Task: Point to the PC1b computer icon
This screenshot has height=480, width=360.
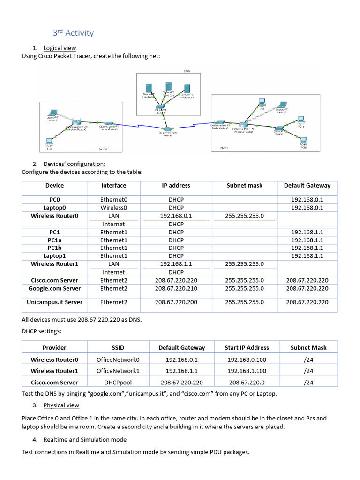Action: click(x=303, y=139)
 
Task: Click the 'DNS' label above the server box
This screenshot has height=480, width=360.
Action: click(x=187, y=71)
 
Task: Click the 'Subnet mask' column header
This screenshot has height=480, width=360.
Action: click(x=244, y=185)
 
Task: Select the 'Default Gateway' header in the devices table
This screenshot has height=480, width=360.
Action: click(x=307, y=185)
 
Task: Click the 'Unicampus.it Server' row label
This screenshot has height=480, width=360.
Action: click(x=54, y=302)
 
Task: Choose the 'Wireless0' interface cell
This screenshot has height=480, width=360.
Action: click(x=114, y=208)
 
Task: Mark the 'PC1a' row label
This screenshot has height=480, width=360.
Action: click(x=54, y=240)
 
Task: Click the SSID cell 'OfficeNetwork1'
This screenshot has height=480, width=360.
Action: click(x=118, y=371)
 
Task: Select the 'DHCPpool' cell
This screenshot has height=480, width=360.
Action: click(x=118, y=382)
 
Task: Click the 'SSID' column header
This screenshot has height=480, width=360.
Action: click(x=118, y=348)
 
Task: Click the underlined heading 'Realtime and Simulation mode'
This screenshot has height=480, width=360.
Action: click(x=85, y=440)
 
